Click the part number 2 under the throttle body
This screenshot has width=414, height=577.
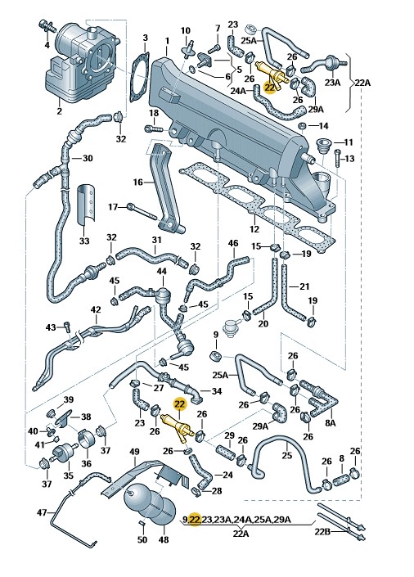tap(59, 110)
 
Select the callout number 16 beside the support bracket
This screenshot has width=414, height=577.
tap(137, 183)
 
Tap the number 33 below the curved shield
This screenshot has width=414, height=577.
tap(84, 241)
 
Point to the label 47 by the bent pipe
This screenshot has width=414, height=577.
tap(43, 512)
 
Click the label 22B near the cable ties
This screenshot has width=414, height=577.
tap(323, 531)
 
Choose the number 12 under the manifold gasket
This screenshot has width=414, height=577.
tap(254, 229)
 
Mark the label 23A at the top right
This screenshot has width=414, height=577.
tap(332, 82)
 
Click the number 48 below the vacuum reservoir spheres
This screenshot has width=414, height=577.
tap(163, 539)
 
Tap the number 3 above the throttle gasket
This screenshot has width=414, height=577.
tap(146, 38)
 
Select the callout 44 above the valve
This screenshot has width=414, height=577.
tap(161, 272)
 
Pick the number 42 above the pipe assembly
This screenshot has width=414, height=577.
tap(95, 309)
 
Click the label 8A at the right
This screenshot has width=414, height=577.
tap(330, 423)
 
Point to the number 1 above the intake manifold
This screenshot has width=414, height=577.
tap(167, 41)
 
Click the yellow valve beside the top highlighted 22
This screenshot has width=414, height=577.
tap(271, 73)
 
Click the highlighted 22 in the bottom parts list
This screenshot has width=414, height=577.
tap(195, 519)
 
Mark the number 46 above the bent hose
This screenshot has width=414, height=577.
tap(233, 243)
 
